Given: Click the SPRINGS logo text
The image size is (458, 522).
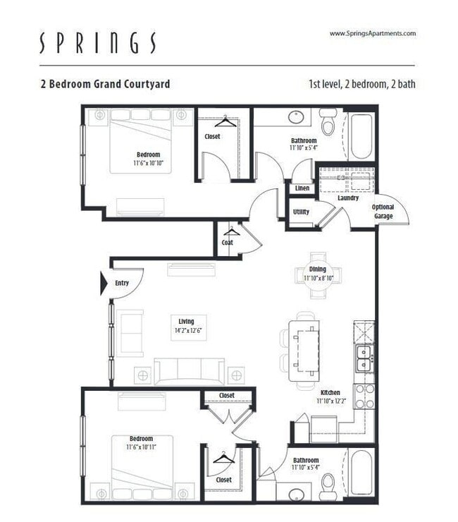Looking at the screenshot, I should (x=97, y=44).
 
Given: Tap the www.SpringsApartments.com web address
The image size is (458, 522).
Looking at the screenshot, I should (x=372, y=33).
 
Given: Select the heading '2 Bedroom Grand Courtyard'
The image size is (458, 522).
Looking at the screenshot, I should (x=105, y=84).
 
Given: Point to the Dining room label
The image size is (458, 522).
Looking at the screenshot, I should (x=317, y=269).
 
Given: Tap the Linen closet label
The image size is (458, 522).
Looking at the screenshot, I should (x=302, y=188).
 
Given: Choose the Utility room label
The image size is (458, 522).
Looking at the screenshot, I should (x=301, y=212).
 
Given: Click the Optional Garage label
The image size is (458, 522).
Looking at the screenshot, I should (x=383, y=212).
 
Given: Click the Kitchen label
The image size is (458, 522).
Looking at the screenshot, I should (x=330, y=393).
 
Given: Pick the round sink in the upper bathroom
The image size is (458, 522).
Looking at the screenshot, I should (x=294, y=116).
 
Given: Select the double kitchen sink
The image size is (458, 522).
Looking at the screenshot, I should (x=364, y=358).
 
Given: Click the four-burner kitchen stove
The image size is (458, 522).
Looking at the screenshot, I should (x=364, y=396).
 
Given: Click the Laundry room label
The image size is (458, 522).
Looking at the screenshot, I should (x=348, y=198).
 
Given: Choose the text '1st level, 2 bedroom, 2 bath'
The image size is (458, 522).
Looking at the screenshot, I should (x=361, y=84).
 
